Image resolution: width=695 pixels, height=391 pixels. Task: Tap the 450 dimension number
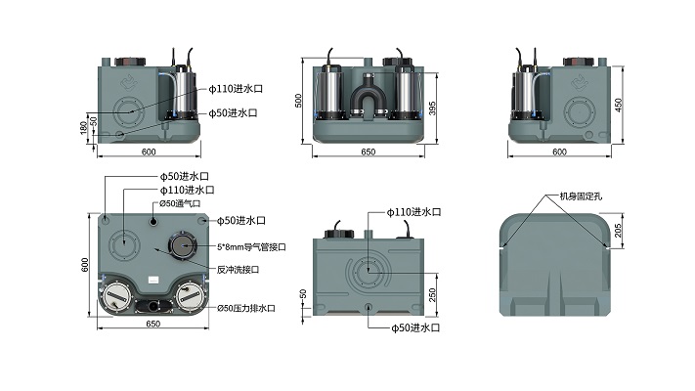point(619,105)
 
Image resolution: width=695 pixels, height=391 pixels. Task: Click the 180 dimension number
point(83,128)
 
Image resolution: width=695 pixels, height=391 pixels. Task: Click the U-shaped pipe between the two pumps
point(369,98)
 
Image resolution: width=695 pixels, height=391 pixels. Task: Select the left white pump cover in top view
point(117,294)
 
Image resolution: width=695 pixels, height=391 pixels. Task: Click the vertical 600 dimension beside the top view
point(85,265)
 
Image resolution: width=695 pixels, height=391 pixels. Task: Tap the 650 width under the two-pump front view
point(368,152)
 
